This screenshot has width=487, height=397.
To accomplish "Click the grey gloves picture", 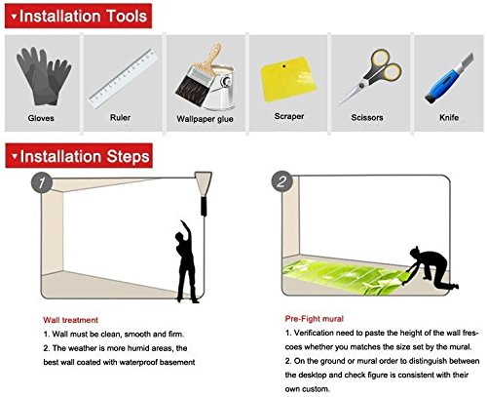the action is pos(44,76).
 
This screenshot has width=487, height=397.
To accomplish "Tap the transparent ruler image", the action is pos(124,78).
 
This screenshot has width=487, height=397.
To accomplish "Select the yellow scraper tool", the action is pos(288,78).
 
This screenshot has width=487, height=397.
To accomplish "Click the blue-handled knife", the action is pos(449,78).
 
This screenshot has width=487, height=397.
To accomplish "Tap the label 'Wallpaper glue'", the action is pos(205,119).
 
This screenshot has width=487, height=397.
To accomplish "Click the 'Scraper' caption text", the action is pos(289,116).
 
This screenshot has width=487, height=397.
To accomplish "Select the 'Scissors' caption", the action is pos(367,117).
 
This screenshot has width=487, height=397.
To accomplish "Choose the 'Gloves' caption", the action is pos(41,118).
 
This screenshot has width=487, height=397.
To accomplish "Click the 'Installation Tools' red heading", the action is pos(78,16).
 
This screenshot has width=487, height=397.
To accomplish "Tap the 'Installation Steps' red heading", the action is pos(79,156).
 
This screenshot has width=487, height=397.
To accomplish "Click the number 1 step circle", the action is pos(42,182).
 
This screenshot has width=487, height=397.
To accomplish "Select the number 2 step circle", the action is pos(281,181).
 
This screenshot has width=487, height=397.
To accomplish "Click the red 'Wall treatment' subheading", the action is pos(70,320).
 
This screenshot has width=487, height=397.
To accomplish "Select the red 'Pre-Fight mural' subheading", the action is pos(315,319).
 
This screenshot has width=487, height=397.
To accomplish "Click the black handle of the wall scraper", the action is pos(204,207).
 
